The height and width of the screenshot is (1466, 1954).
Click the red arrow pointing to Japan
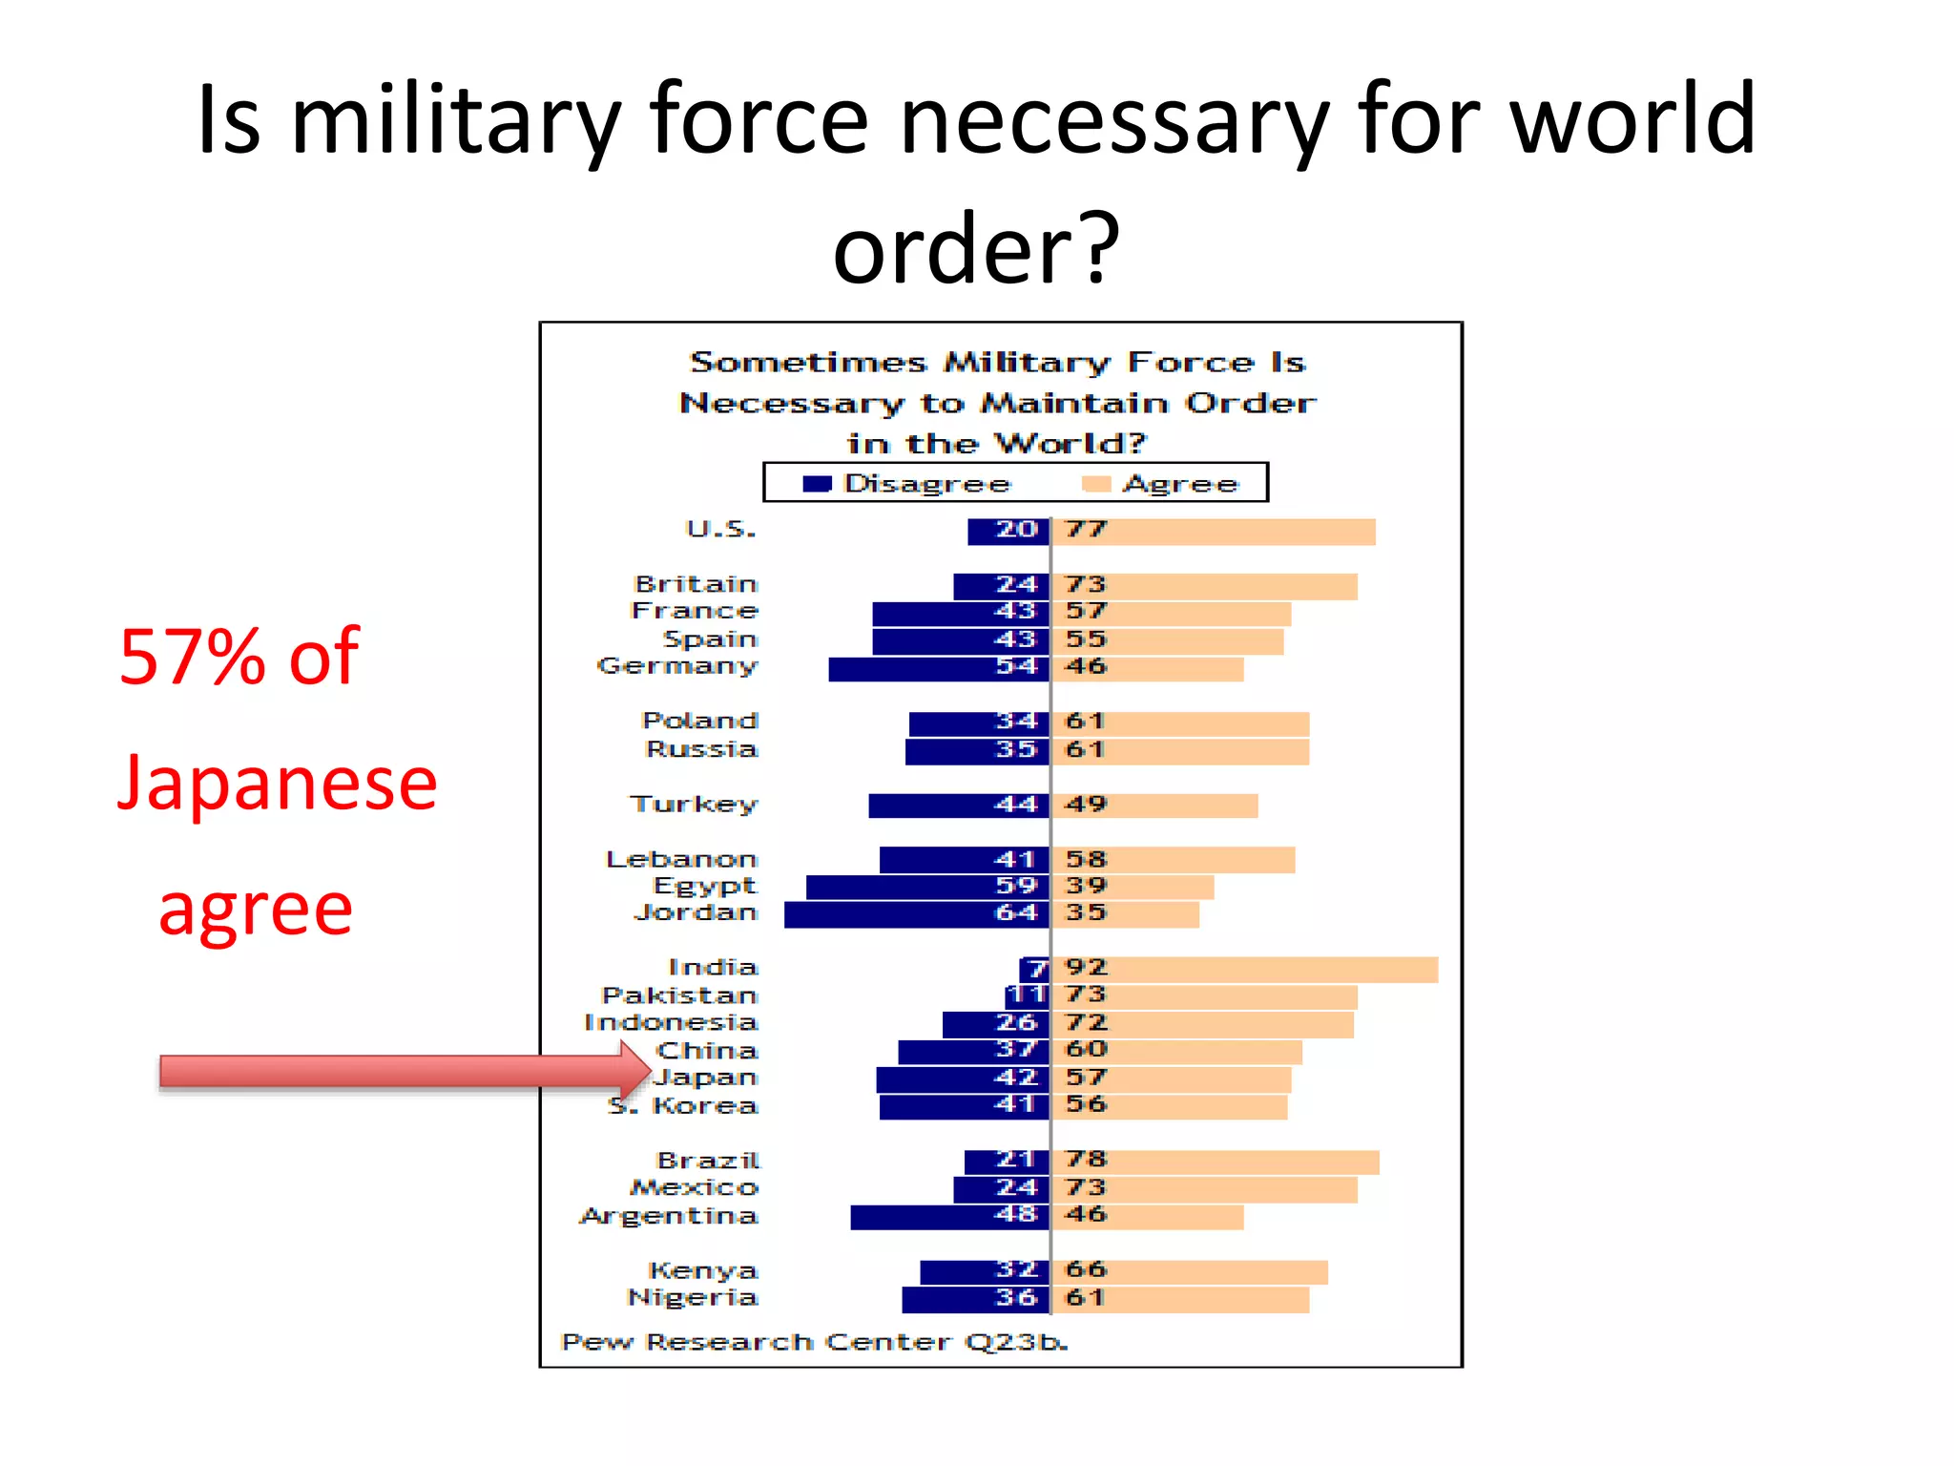[401, 1071]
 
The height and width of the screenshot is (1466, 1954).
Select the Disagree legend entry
[906, 484]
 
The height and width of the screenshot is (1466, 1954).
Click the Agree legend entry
[1161, 484]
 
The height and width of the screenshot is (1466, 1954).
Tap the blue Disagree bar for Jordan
[916, 914]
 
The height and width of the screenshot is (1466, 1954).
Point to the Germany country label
[676, 665]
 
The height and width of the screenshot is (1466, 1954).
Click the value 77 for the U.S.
[1086, 530]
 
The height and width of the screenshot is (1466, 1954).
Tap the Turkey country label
[693, 804]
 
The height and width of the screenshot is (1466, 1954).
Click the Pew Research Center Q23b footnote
[814, 1342]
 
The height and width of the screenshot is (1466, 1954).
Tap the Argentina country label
[668, 1216]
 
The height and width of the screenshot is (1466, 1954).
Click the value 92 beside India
[1086, 968]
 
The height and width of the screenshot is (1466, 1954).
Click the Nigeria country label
[692, 1298]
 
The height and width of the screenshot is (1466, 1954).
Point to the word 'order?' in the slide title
[975, 248]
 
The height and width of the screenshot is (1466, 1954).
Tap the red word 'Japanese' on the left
[277, 783]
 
